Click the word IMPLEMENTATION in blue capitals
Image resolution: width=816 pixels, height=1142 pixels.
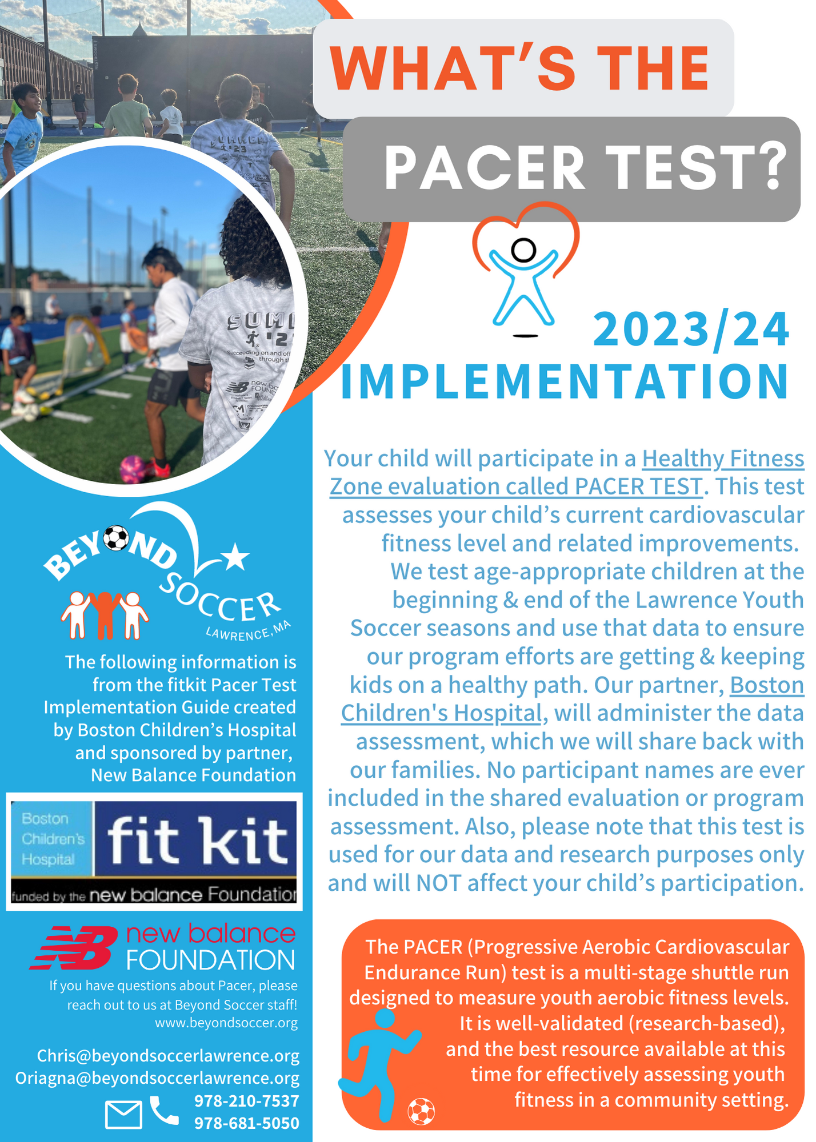[565, 381]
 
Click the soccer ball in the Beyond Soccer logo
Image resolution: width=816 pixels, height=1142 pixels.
[116, 538]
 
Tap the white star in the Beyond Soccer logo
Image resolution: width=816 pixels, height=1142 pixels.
[235, 557]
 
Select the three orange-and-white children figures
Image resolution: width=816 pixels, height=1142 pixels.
[105, 615]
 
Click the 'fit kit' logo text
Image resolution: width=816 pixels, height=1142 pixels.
[197, 840]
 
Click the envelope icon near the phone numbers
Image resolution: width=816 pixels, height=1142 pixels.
[124, 1114]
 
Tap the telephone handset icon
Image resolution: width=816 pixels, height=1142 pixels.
[164, 1110]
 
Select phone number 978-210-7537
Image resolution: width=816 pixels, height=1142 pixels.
[247, 1101]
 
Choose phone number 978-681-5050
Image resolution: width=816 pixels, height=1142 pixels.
[247, 1123]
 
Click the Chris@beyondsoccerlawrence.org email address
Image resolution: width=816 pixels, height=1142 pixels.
[168, 1056]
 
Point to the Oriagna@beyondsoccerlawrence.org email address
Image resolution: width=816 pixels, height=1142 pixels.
[157, 1078]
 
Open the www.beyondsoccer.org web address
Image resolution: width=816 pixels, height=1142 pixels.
[226, 1023]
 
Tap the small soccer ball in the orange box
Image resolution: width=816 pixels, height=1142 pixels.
[421, 1112]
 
